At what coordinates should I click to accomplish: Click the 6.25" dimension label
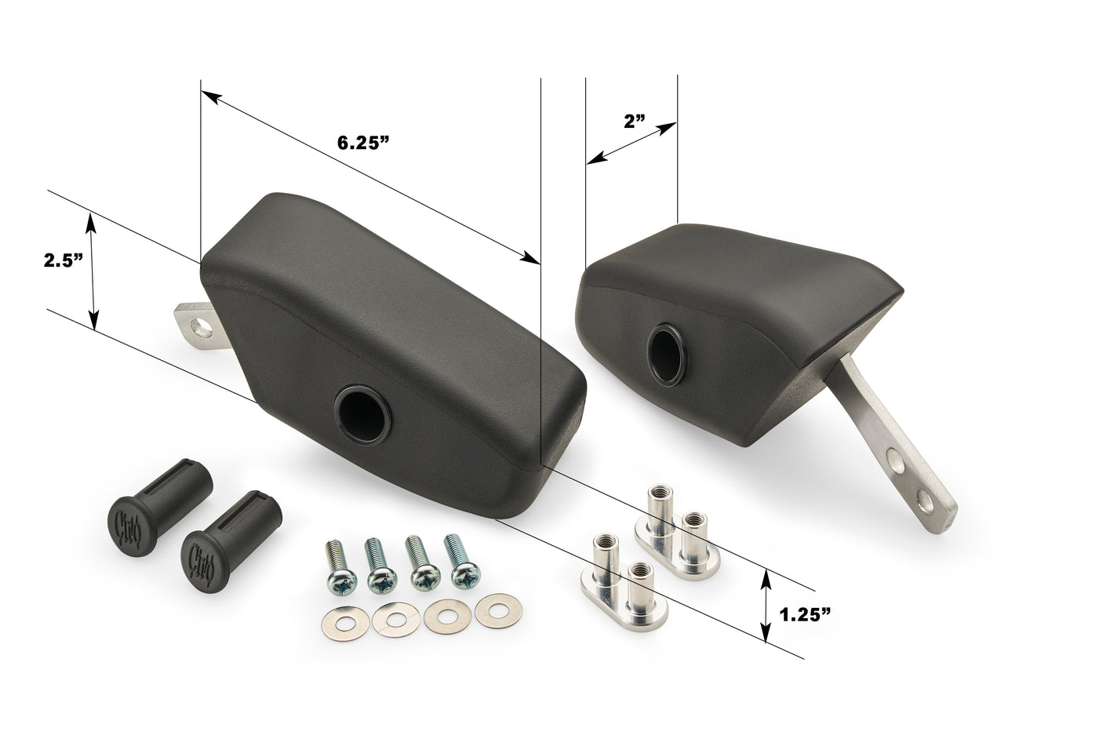click(x=363, y=143)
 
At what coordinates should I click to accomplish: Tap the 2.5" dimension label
click(x=64, y=260)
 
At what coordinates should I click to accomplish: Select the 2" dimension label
click(x=635, y=122)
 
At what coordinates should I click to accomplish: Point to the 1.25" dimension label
click(x=806, y=614)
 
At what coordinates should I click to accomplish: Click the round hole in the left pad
click(x=362, y=416)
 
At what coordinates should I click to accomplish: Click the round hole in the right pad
click(x=665, y=354)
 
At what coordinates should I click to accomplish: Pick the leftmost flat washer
click(x=346, y=624)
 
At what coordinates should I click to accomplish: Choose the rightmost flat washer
click(x=499, y=611)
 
